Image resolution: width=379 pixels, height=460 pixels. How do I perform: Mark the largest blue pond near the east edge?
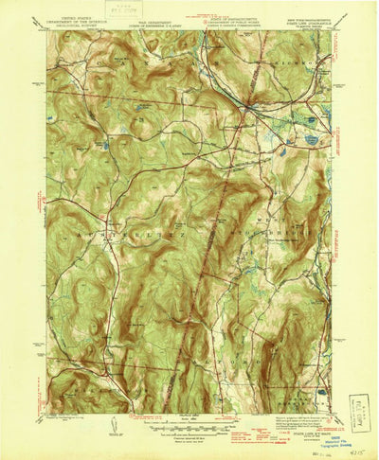click(312, 139)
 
